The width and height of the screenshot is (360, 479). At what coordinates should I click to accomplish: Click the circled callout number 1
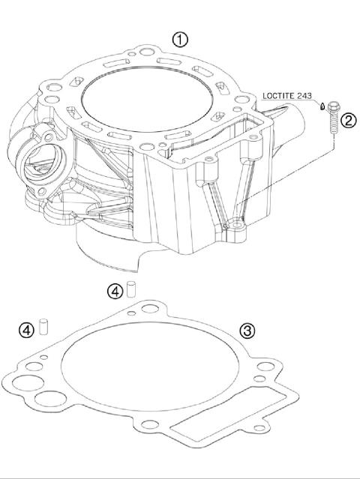(x=180, y=40)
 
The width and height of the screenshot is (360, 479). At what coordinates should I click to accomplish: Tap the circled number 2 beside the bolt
(x=346, y=119)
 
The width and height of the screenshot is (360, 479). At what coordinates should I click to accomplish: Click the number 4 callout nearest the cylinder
(x=114, y=290)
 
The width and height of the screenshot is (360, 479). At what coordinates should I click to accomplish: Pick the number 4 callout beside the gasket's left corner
(x=27, y=329)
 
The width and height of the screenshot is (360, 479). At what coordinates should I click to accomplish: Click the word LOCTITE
(x=279, y=95)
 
